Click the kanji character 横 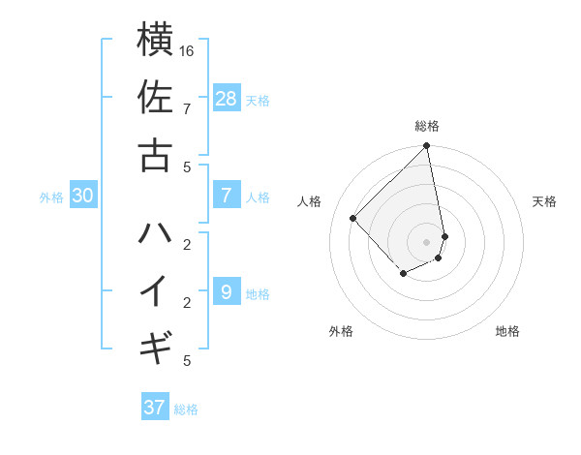coord(155,41)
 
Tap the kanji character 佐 coord(155,98)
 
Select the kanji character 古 coord(155,154)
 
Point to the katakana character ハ coord(155,233)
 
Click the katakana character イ coord(155,290)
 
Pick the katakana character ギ coord(155,347)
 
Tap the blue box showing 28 coord(227,98)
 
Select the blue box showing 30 coord(83,196)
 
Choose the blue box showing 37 coord(154,408)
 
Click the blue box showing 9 coord(226,291)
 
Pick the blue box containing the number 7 coord(226,196)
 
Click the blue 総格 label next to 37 coord(186,409)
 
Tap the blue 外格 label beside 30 coord(51,197)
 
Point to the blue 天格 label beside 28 coord(258,101)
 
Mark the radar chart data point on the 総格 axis coord(426,147)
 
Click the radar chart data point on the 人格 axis coord(353,218)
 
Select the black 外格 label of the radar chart coord(341,331)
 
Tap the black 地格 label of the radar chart coord(507,331)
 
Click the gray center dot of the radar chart coord(426,241)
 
